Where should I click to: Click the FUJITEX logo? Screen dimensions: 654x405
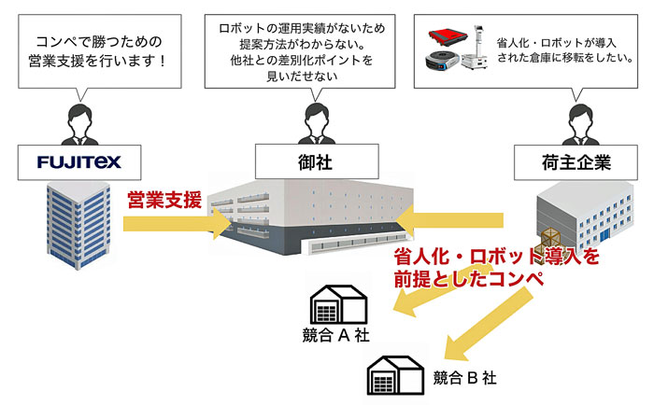[79, 162]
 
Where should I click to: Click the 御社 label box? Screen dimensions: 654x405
[317, 161]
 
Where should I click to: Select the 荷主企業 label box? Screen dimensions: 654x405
[576, 162]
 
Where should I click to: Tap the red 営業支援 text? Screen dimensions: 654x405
[164, 200]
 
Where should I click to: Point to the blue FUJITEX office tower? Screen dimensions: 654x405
[78, 225]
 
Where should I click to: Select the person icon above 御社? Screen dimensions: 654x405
[317, 124]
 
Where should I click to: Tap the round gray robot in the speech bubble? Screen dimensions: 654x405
[442, 60]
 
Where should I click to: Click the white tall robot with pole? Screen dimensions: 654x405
[476, 49]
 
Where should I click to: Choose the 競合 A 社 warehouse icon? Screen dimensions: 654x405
[338, 304]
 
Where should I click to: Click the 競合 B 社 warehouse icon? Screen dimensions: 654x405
[395, 375]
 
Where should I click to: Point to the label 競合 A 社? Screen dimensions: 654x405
[335, 335]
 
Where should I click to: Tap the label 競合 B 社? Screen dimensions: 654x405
[464, 378]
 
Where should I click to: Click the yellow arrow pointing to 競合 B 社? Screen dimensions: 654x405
[488, 324]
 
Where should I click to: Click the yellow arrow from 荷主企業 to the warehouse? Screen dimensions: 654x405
[449, 220]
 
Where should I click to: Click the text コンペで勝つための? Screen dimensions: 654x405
[98, 42]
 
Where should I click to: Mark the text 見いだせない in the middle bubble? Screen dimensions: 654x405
[302, 77]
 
